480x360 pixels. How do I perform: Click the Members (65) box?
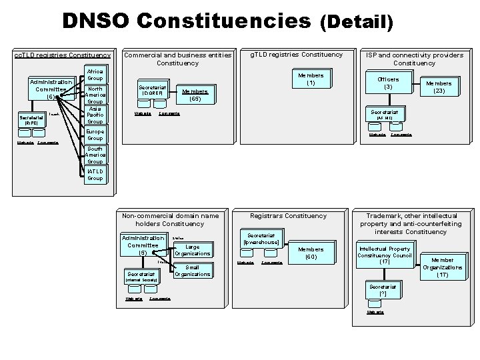195,95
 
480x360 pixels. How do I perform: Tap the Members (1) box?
310,79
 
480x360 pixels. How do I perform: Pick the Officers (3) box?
388,83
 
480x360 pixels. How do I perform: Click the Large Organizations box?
193,250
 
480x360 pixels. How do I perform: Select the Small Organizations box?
193,271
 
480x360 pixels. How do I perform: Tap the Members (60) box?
310,253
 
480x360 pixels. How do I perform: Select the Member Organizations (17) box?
442,267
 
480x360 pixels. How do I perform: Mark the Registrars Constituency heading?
288,215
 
